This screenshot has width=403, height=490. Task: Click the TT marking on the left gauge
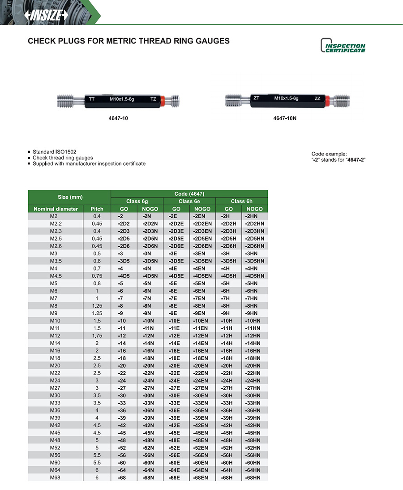coord(92,99)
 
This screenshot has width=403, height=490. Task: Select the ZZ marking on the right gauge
coord(317,98)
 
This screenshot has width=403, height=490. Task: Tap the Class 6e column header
coord(189,201)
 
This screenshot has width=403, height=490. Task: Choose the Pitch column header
coord(97,209)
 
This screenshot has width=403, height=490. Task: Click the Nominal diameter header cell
coord(56,209)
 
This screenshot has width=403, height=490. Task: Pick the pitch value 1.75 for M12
coord(97,335)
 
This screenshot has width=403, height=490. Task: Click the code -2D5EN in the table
coord(202,238)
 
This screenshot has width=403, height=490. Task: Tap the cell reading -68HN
coord(254,477)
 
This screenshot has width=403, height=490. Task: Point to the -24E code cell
coord(176,380)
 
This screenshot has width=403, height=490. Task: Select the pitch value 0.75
coord(97,276)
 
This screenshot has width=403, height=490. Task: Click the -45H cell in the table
coord(228,433)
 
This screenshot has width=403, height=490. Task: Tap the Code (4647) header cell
coord(189,193)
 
